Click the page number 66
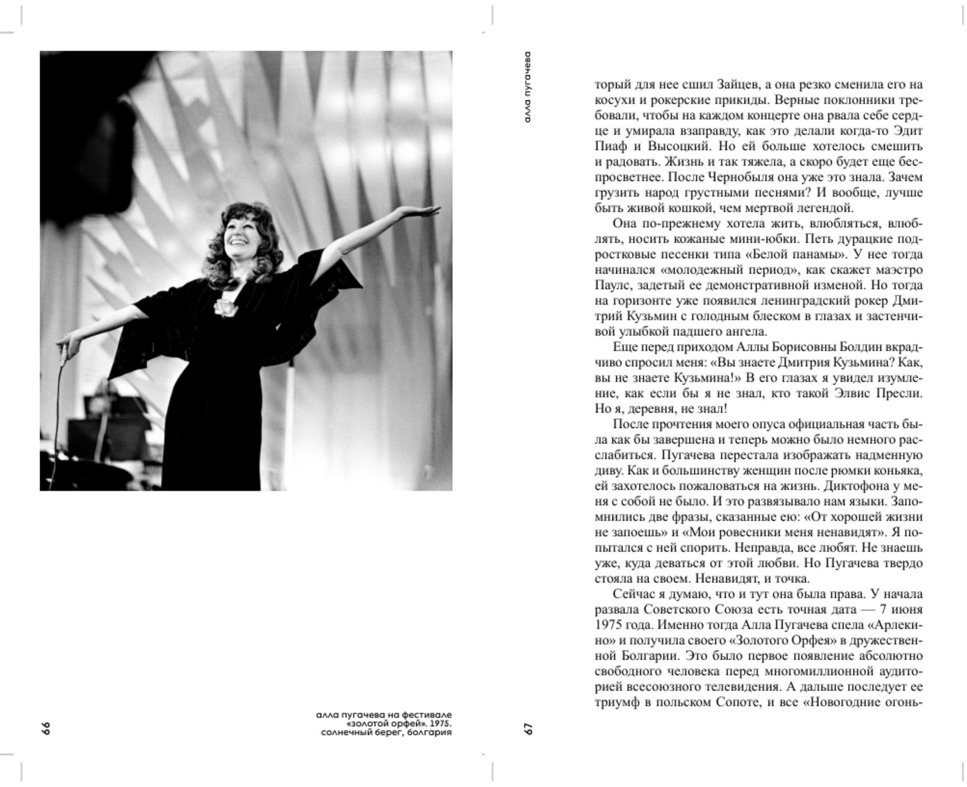[x=46, y=728]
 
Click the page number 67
[x=528, y=728]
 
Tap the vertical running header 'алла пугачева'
[x=528, y=87]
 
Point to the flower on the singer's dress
[x=224, y=306]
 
